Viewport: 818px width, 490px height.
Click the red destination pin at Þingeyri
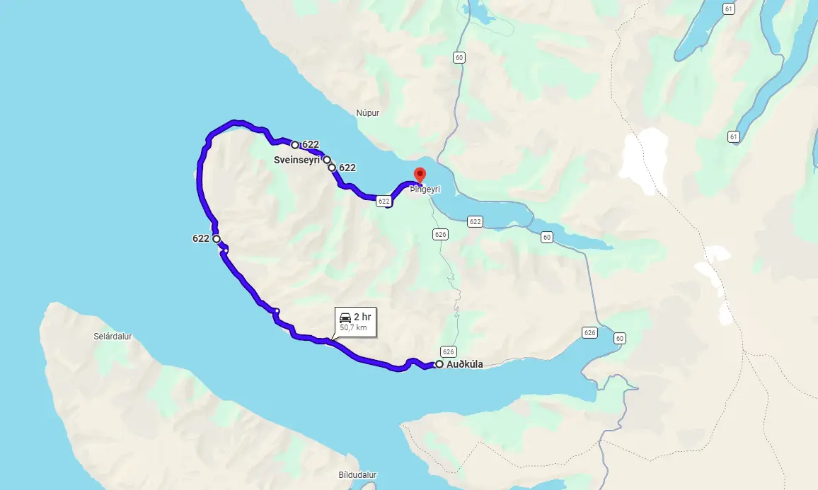point(419,174)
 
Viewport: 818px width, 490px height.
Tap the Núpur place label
point(368,112)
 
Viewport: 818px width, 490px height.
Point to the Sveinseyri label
point(297,161)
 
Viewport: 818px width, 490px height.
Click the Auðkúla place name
point(465,365)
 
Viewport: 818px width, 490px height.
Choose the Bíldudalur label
point(357,475)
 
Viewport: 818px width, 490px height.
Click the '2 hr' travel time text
point(362,317)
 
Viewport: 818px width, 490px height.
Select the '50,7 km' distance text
point(353,327)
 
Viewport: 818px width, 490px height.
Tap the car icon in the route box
point(345,317)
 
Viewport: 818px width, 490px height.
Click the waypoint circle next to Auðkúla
point(439,364)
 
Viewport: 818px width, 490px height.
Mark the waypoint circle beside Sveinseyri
point(327,160)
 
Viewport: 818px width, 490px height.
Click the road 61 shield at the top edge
point(730,8)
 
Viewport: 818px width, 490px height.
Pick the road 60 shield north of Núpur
point(460,58)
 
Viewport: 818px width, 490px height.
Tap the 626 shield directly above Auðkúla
point(447,351)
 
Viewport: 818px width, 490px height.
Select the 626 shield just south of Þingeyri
point(440,234)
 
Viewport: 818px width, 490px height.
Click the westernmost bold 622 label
point(200,239)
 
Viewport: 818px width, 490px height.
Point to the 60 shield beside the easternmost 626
point(621,338)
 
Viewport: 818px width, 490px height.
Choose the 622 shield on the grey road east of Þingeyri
point(475,222)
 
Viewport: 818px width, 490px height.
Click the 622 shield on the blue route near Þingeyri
point(384,202)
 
